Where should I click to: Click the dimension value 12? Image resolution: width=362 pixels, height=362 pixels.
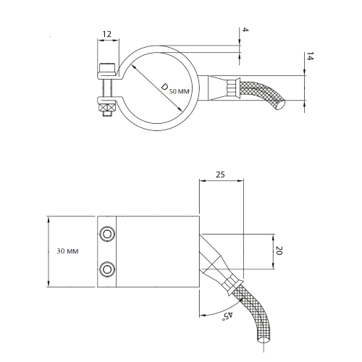coord(107,34)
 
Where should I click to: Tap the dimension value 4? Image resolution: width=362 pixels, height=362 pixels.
coord(245,30)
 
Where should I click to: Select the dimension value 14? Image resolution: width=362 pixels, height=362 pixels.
coord(310,56)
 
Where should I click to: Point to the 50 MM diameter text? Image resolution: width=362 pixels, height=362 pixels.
coord(179,91)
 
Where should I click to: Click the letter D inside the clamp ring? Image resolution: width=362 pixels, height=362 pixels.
coord(164,87)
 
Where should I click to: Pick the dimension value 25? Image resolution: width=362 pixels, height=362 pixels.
coord(220,174)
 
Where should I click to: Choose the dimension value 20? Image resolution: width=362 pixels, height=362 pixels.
coord(279,251)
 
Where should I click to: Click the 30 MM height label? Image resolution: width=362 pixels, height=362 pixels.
coord(67,251)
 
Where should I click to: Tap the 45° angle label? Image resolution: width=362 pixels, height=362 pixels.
coord(228,316)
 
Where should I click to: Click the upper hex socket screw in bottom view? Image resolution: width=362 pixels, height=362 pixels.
coord(107,234)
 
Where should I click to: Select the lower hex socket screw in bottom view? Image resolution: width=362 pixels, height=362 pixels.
coord(107,269)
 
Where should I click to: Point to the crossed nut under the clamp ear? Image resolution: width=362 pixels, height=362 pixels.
coord(106,107)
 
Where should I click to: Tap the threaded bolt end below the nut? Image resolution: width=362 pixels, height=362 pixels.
coord(107,114)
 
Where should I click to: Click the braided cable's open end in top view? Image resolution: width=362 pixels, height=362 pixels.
coord(280,105)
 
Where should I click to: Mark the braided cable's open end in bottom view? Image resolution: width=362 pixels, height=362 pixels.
coord(264,338)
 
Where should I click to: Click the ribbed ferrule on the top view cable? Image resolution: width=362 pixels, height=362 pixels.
coord(232,88)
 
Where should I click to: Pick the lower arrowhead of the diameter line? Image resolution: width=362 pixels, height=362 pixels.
coord(180,109)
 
